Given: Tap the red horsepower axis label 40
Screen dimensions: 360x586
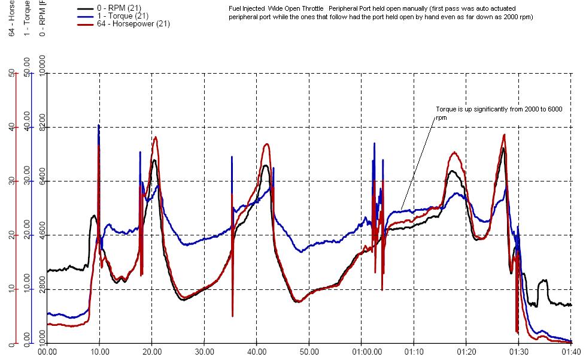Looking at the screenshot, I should coord(11,127).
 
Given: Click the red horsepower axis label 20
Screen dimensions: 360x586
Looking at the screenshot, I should coord(11,235).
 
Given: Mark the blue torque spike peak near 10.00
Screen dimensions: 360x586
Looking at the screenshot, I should coord(99,125).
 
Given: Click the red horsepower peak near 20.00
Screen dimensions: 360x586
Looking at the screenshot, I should coord(156,137).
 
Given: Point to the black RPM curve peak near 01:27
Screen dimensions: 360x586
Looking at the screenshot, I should coord(503,148).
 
